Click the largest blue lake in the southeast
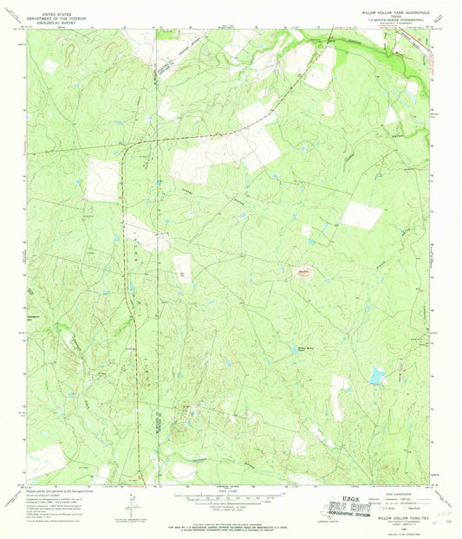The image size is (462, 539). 375,374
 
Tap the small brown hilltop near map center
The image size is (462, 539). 303,274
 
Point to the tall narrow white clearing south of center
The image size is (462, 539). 337,398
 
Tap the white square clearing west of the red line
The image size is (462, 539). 101,180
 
